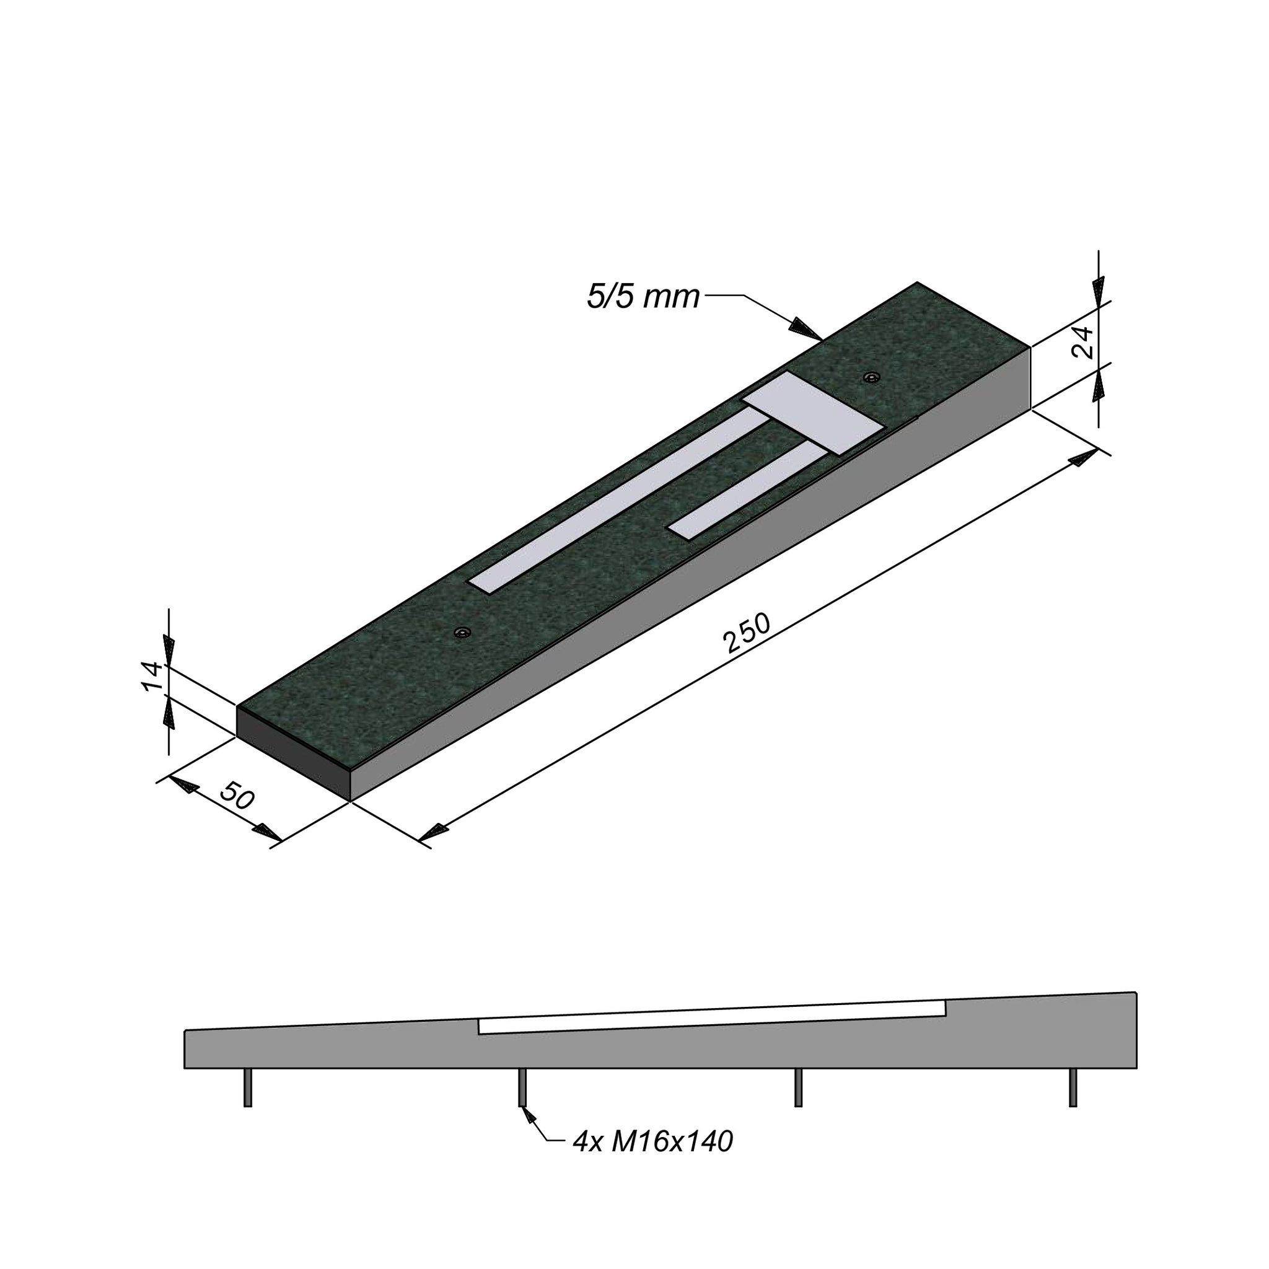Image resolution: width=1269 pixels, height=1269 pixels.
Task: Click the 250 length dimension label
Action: (746, 634)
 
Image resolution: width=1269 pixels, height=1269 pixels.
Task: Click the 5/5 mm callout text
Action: (643, 297)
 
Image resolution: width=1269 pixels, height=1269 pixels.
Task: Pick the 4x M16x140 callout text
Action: (652, 1161)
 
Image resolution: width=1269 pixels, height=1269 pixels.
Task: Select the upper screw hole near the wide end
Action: (872, 378)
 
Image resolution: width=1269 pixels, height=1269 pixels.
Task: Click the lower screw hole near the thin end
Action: (464, 633)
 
